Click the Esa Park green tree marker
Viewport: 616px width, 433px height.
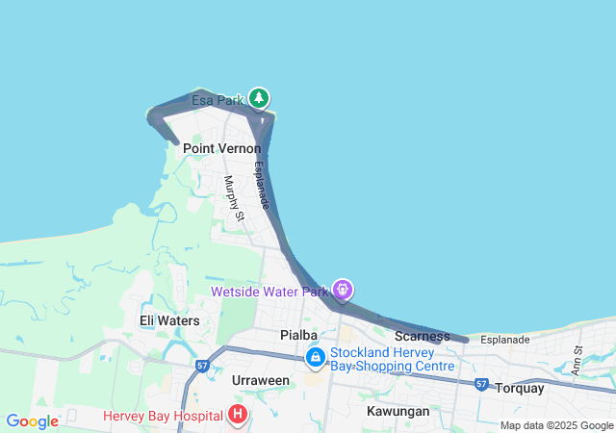coord(258,98)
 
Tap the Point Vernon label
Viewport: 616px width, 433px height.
coord(221,149)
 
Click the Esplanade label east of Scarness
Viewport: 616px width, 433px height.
coord(505,340)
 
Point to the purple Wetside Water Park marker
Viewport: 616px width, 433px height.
coord(343,289)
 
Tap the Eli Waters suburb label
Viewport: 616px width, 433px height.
coord(169,320)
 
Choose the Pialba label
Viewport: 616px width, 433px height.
coord(298,335)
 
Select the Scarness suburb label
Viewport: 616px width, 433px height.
coord(423,336)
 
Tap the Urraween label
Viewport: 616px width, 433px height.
coord(261,381)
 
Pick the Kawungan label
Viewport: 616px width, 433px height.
coord(398,411)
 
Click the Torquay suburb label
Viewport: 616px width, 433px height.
coord(519,389)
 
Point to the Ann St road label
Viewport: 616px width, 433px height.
coord(577,361)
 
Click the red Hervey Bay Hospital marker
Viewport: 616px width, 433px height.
coord(237,415)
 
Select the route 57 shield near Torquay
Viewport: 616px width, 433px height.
coord(481,384)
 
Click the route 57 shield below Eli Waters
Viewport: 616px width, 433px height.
coord(202,366)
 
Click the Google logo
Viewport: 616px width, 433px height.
coord(32,421)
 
